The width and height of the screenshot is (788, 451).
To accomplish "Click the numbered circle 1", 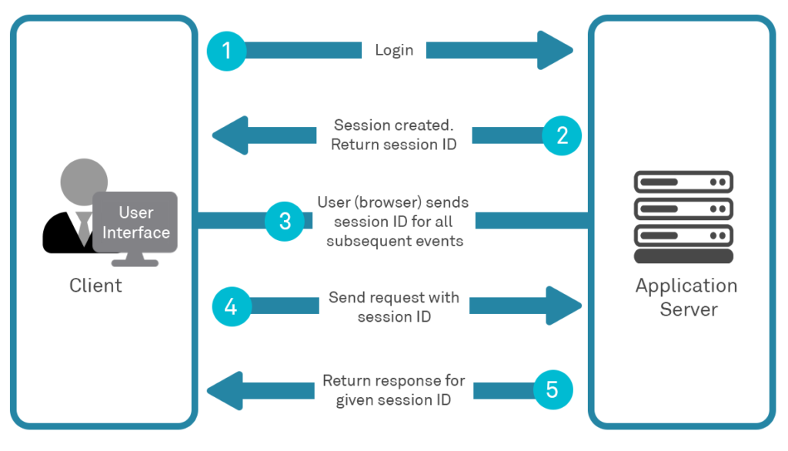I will (x=226, y=51).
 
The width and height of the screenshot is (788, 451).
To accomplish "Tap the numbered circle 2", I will (x=563, y=135).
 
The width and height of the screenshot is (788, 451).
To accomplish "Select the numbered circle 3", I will (x=285, y=221).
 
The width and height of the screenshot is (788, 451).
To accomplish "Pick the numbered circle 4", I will (x=231, y=306).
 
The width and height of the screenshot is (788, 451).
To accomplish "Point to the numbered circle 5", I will (x=553, y=390).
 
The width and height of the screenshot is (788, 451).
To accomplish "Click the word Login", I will (x=394, y=51).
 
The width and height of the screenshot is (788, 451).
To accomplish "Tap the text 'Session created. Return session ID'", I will (x=394, y=135).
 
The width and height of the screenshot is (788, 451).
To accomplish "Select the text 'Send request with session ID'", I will (x=394, y=306).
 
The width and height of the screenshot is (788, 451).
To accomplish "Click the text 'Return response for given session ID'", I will (x=394, y=390).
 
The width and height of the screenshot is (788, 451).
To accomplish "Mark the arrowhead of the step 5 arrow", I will (x=225, y=390).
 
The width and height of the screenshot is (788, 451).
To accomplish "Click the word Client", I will (x=95, y=286).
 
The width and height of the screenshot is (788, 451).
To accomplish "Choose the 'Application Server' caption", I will (x=686, y=297).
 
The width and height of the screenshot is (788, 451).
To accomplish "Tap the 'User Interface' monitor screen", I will (x=135, y=222).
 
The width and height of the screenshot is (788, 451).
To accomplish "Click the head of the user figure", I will (x=85, y=181).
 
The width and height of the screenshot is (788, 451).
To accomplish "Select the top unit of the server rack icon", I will (x=683, y=182).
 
